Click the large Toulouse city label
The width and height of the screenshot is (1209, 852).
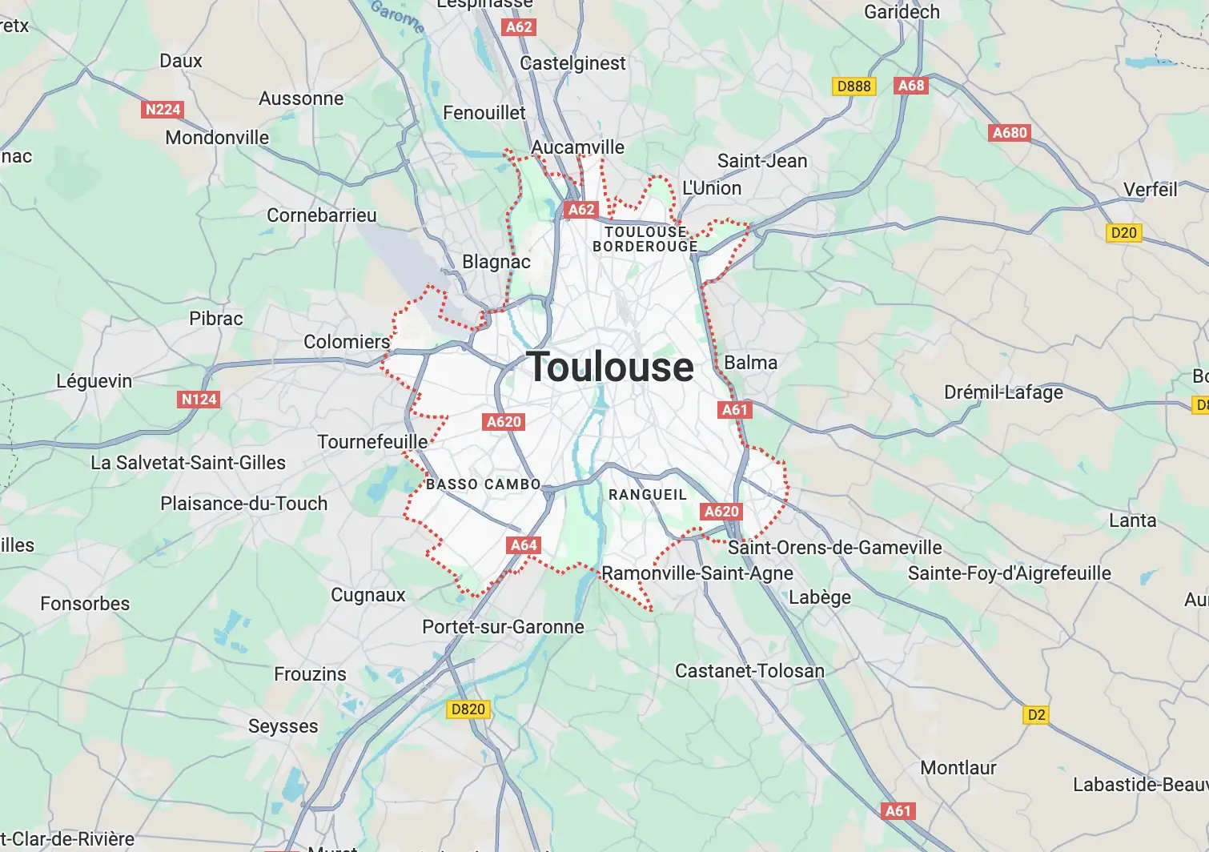point(610,368)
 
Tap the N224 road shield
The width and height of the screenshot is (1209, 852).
point(163,110)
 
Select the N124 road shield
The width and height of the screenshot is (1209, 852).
point(199,400)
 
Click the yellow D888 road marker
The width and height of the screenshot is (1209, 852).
point(854,86)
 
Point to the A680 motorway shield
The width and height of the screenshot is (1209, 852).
point(1010,133)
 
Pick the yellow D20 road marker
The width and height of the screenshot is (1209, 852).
point(1123,233)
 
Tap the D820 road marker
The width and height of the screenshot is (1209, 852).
point(468,709)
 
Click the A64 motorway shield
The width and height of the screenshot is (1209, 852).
point(524,545)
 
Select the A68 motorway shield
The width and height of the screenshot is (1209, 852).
point(911,86)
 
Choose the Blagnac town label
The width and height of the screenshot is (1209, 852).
point(496,262)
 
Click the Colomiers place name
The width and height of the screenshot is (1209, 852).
point(346,342)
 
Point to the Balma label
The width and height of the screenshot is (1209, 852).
point(750,363)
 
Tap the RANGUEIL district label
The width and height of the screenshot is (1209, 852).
point(647,495)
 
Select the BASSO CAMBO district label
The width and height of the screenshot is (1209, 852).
point(484,484)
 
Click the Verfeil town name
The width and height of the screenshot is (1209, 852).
point(1150,190)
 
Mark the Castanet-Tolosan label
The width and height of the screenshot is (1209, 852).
point(749,671)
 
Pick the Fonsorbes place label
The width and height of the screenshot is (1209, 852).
point(85,604)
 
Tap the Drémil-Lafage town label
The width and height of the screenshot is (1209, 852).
point(1003,392)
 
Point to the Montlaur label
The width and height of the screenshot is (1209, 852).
point(958,768)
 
